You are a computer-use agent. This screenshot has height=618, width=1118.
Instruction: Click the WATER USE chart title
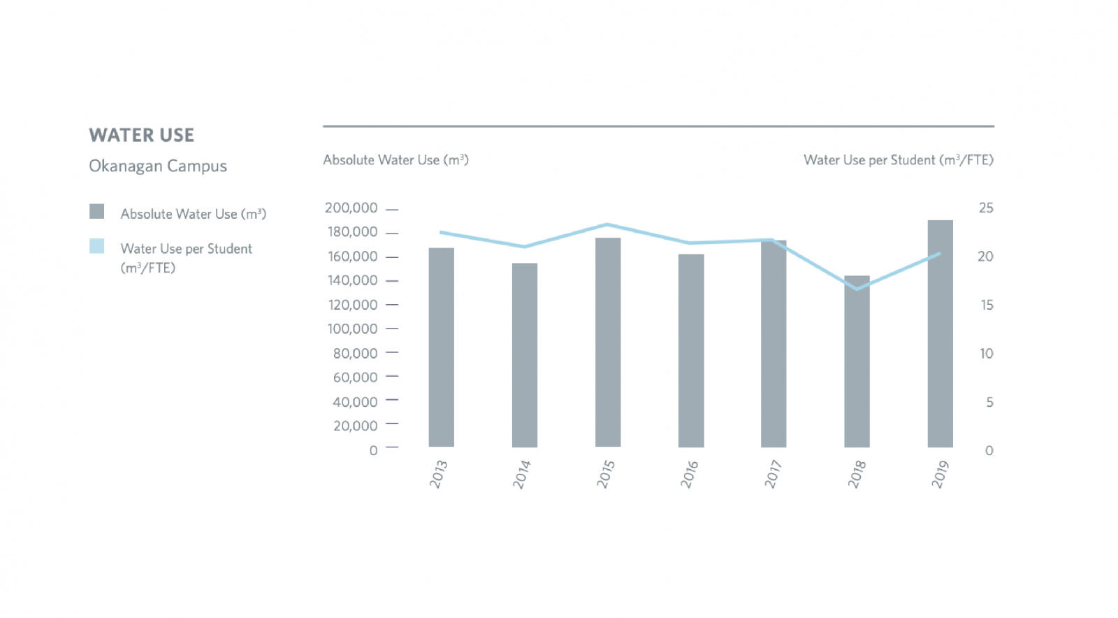click(x=141, y=135)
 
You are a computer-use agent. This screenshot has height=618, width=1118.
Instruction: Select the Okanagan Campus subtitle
click(x=158, y=166)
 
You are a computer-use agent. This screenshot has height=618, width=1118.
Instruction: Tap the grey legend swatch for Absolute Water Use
click(x=96, y=211)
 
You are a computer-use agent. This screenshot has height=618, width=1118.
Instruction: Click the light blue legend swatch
click(x=96, y=246)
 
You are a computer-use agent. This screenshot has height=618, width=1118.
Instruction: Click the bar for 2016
click(x=690, y=350)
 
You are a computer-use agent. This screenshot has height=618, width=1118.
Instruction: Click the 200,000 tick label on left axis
click(x=351, y=208)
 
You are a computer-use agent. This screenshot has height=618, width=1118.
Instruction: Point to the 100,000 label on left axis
click(x=352, y=329)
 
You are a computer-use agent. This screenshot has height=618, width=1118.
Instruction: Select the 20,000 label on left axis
click(x=355, y=426)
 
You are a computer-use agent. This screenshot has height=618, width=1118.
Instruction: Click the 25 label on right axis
click(x=985, y=208)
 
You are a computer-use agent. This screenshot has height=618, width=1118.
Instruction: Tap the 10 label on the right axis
click(x=985, y=354)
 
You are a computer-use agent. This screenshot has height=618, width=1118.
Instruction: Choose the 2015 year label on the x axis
click(x=605, y=474)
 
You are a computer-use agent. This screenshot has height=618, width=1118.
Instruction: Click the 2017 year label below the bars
click(x=772, y=474)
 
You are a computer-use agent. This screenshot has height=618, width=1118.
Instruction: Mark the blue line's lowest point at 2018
click(x=857, y=289)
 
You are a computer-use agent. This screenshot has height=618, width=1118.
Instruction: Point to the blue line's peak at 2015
click(x=607, y=224)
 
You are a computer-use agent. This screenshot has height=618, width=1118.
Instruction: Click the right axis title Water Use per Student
click(x=898, y=160)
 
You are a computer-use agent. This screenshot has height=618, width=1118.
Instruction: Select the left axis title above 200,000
click(x=395, y=160)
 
